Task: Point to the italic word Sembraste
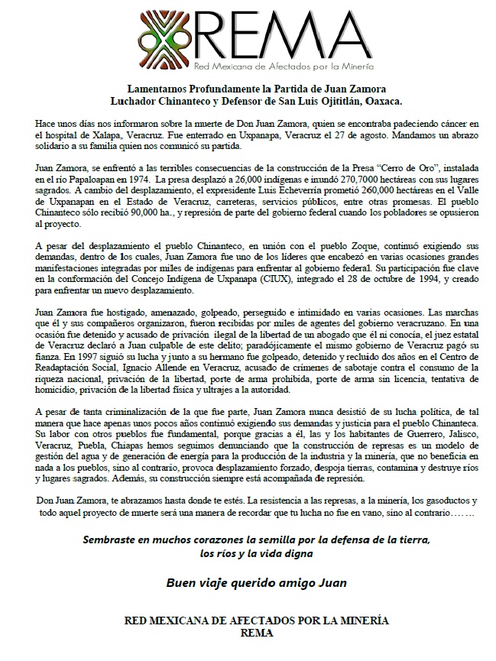coord(114,540)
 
